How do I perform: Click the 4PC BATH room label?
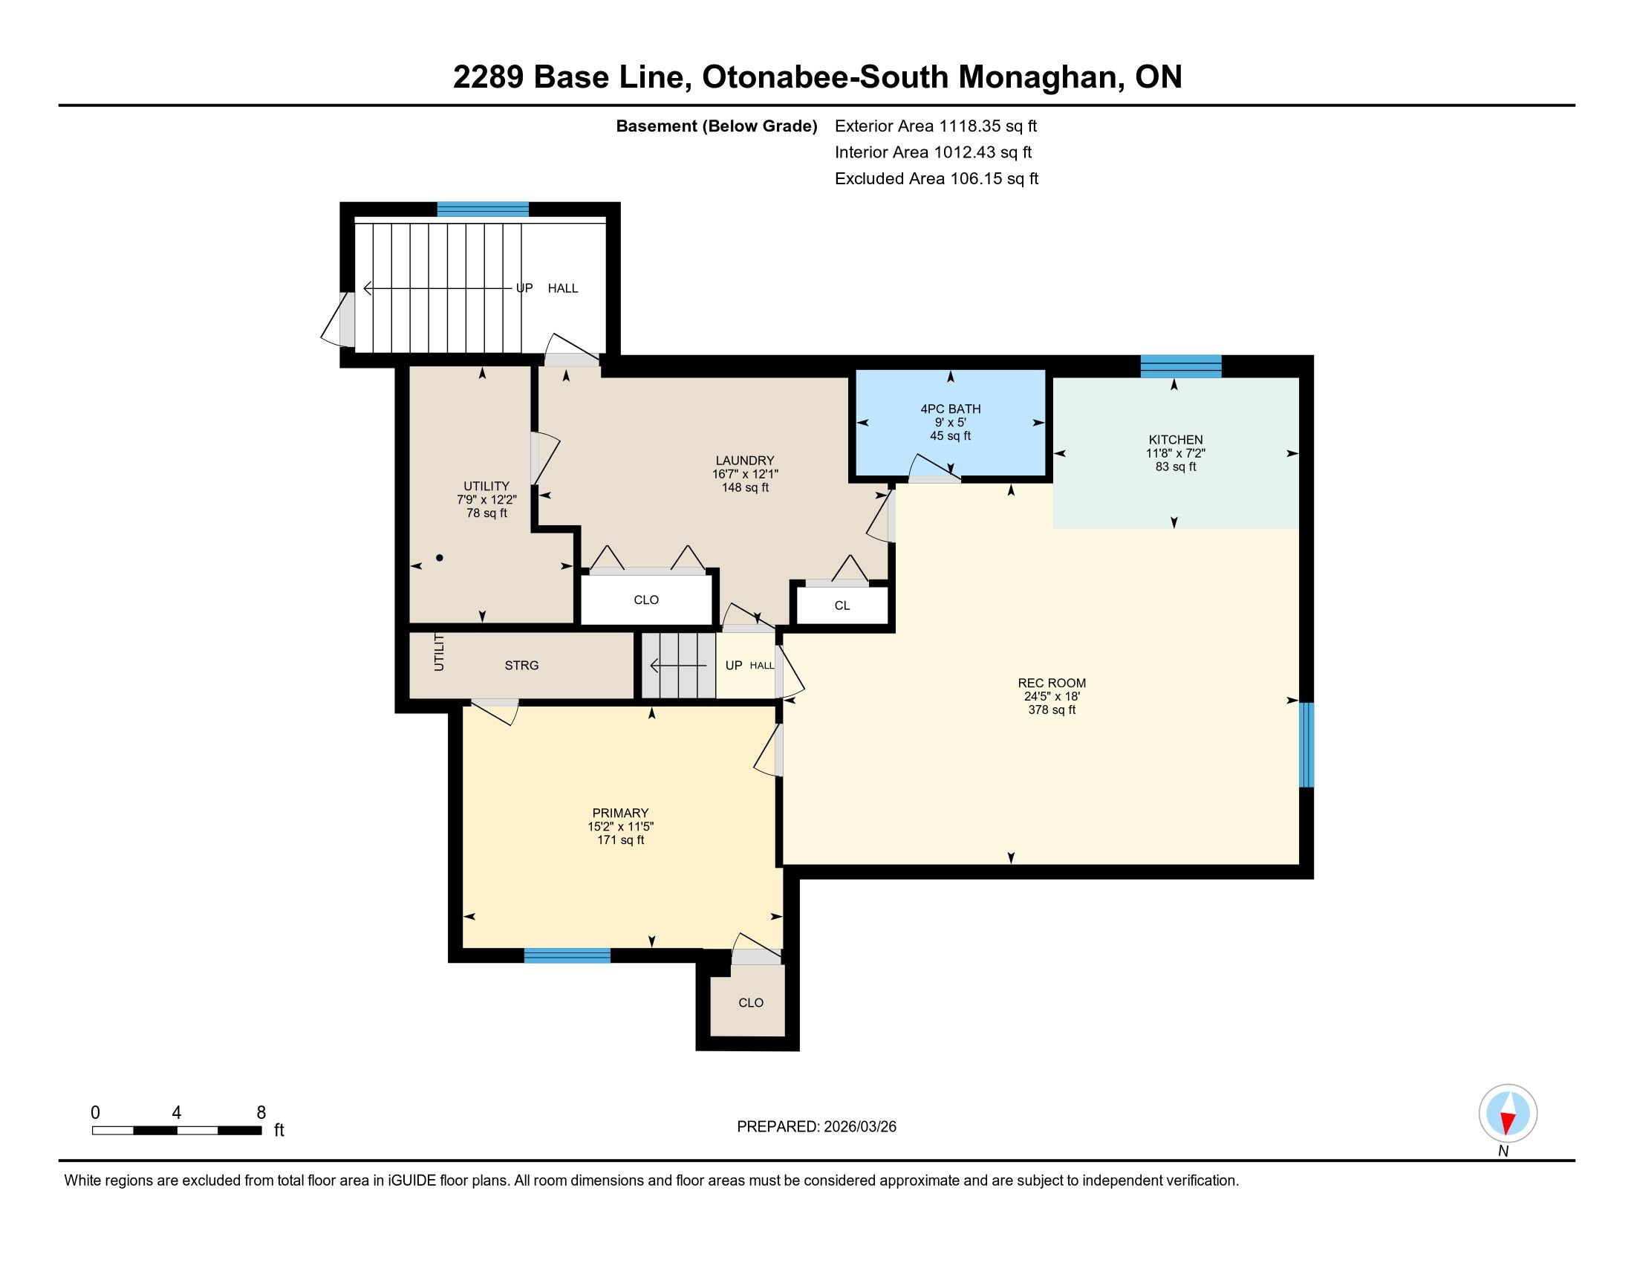click(x=950, y=409)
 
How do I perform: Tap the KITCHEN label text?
click(x=1176, y=439)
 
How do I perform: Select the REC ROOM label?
click(x=1051, y=682)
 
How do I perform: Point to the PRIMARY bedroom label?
click(x=620, y=813)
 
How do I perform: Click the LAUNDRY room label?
click(x=744, y=460)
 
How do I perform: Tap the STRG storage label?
click(x=521, y=665)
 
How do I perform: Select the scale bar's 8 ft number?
click(x=261, y=1113)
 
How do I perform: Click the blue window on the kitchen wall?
click(x=1181, y=366)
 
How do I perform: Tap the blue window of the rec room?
click(x=1306, y=744)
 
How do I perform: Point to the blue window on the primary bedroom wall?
click(x=567, y=955)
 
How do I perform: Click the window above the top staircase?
click(x=483, y=209)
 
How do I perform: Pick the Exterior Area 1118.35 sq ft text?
click(x=936, y=126)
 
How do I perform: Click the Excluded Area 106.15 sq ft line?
click(x=937, y=178)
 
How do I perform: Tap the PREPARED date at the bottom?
click(x=816, y=1126)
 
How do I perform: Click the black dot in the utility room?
click(x=440, y=557)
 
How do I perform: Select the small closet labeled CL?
click(x=842, y=605)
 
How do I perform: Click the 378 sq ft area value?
click(x=1051, y=710)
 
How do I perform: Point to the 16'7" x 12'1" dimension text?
click(x=744, y=474)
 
